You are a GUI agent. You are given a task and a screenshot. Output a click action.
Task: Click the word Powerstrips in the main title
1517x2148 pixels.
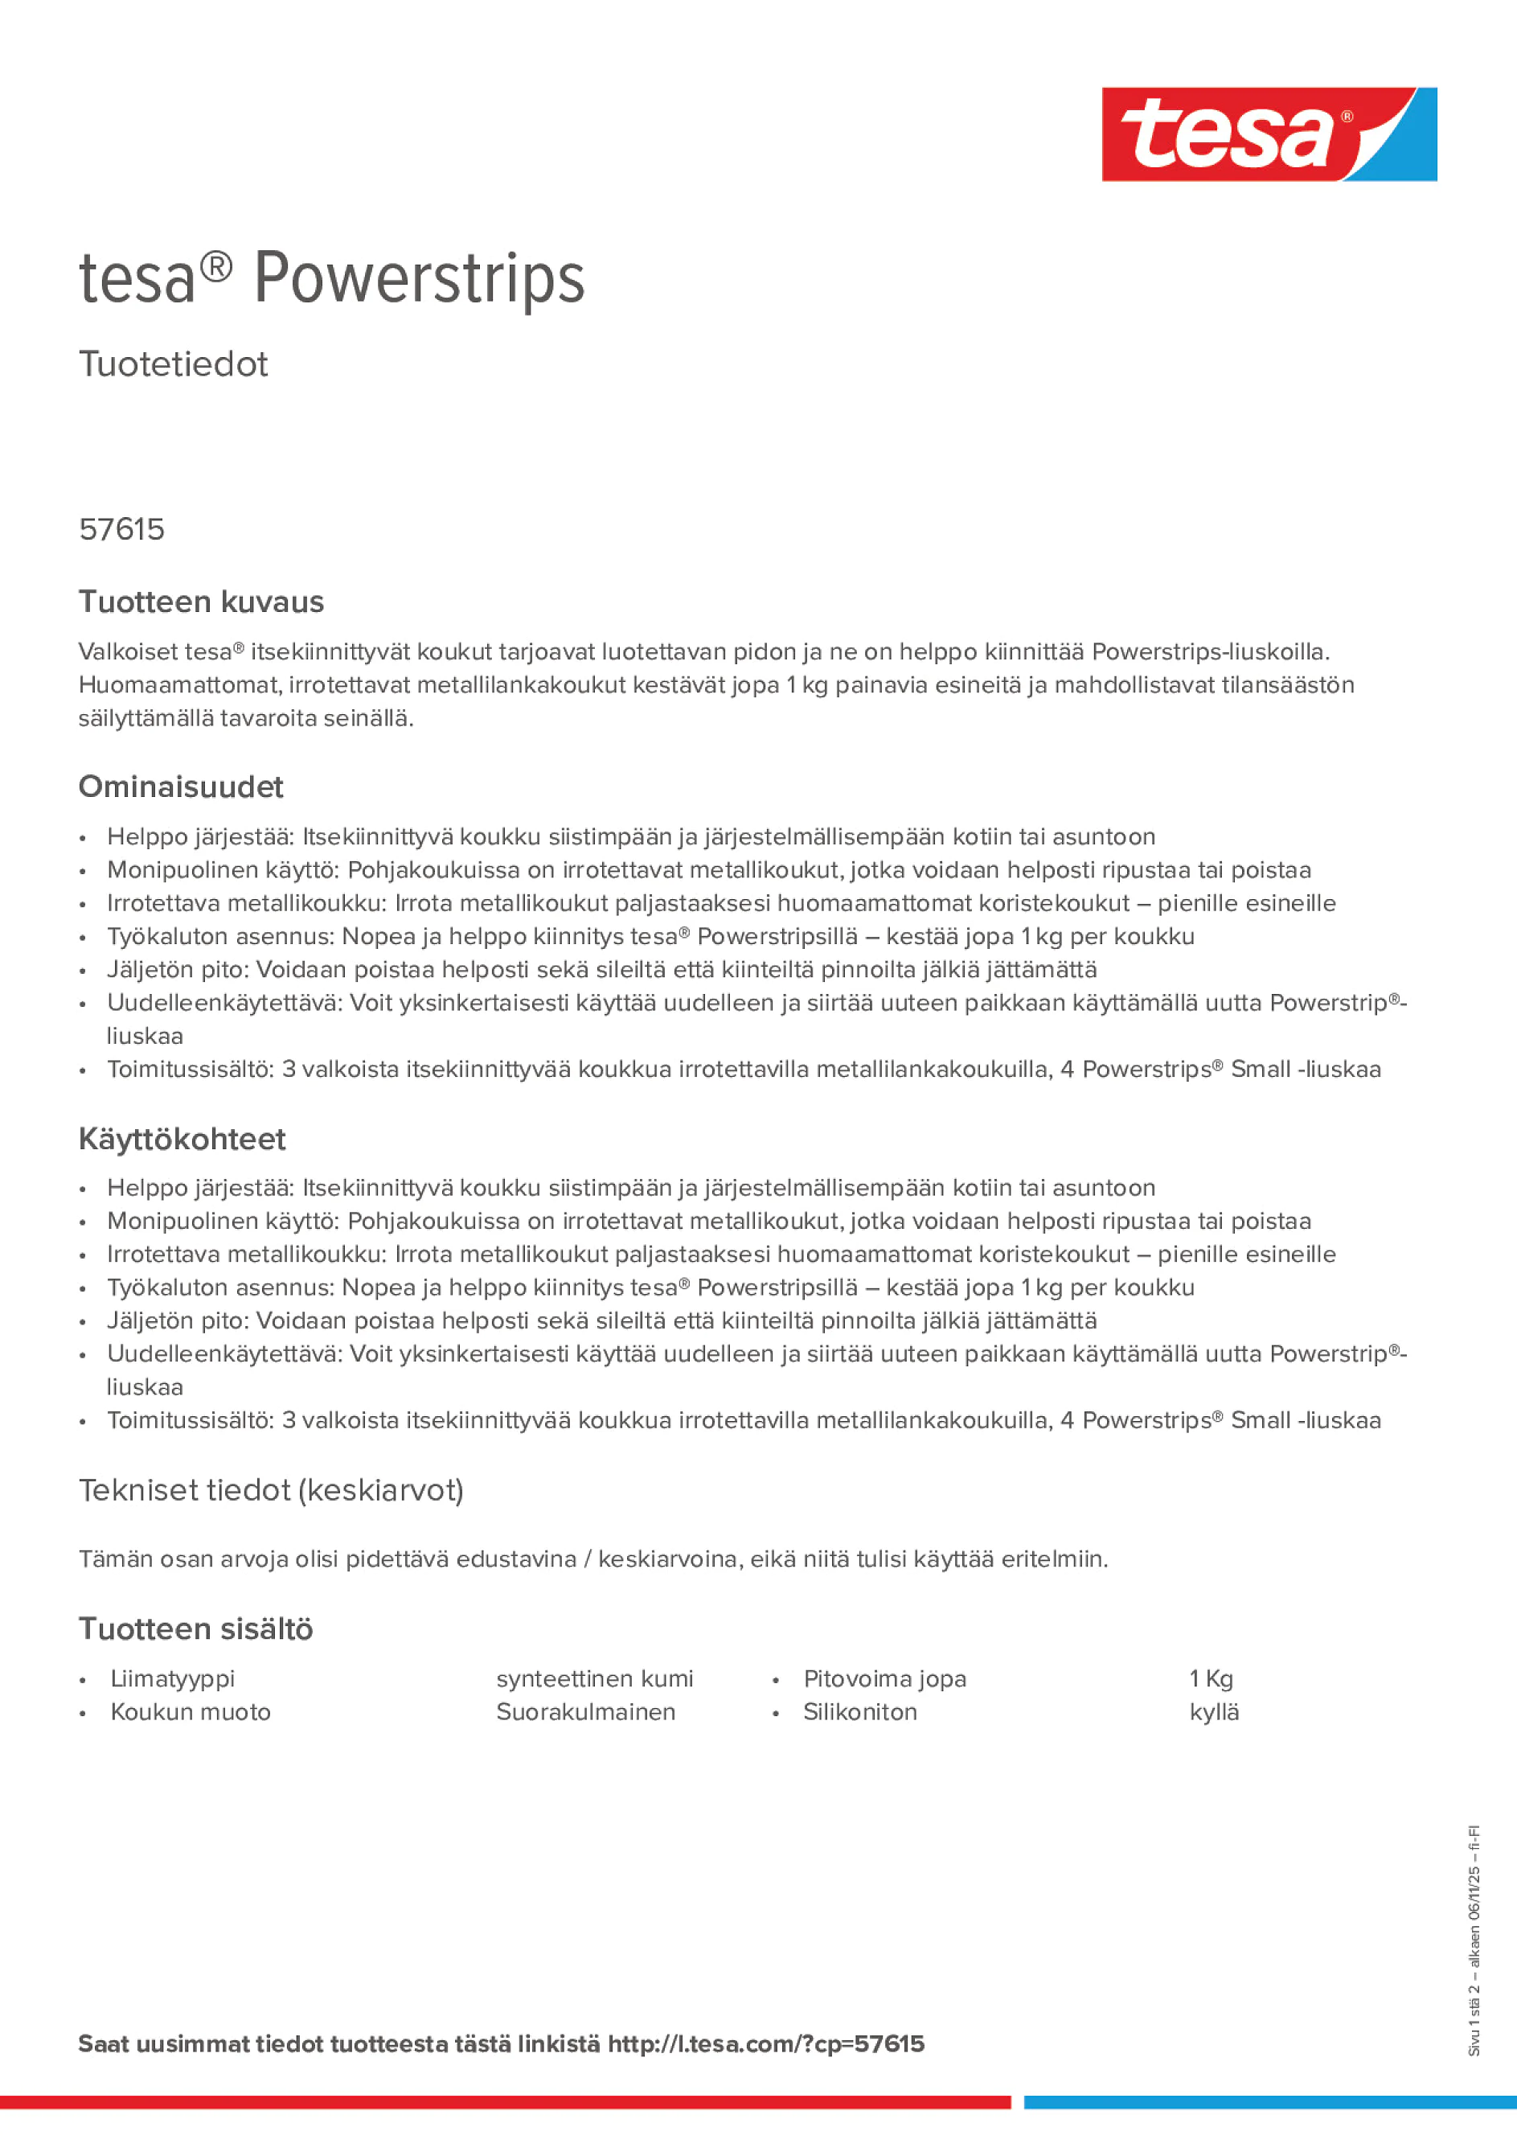419,279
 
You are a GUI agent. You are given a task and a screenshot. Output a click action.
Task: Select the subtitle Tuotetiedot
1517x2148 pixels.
173,364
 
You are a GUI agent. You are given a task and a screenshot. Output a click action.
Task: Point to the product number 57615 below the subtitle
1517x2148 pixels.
121,529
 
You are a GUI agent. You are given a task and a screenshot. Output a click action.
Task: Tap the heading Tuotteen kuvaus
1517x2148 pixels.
201,602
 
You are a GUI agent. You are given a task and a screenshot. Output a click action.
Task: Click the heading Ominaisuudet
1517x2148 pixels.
181,787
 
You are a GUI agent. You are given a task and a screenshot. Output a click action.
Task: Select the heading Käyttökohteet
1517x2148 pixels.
182,1139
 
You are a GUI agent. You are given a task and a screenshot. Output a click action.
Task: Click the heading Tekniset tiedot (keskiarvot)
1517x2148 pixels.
271,1489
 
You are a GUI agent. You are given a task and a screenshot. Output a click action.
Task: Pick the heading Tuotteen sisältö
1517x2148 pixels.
195,1628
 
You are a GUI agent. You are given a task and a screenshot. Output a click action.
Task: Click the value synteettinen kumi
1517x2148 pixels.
595,1678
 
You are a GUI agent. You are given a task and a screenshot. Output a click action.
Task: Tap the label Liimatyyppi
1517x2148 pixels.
172,1678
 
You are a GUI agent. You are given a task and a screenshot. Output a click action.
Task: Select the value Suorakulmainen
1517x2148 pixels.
585,1712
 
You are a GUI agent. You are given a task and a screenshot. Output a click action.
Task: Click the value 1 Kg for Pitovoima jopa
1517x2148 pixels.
1212,1678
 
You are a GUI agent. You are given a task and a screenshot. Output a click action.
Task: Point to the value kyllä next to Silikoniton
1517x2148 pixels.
1214,1712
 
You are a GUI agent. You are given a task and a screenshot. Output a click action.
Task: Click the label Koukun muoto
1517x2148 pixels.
190,1712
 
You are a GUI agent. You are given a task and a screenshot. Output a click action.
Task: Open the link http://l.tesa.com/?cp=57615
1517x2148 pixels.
765,2044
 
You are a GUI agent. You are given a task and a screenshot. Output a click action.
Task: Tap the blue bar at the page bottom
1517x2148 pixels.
1269,2102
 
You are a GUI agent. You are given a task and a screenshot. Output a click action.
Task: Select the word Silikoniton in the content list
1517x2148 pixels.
859,1712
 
